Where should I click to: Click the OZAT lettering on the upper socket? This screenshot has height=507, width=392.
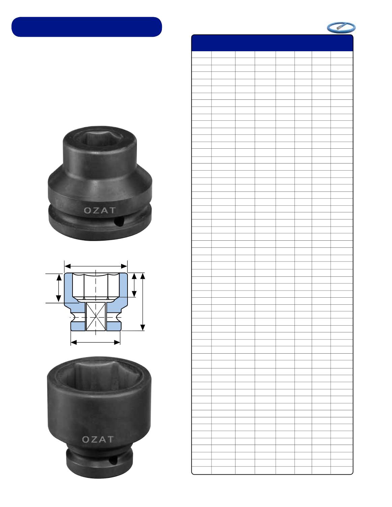point(100,210)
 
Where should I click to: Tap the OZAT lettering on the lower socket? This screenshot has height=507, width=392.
point(98,440)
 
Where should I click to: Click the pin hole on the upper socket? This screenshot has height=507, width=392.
point(119,221)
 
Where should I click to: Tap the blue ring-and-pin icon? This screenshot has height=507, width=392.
point(341,28)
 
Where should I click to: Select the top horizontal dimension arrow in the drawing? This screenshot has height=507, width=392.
point(96,266)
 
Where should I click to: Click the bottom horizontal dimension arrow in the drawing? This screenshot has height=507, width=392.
point(95,342)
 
